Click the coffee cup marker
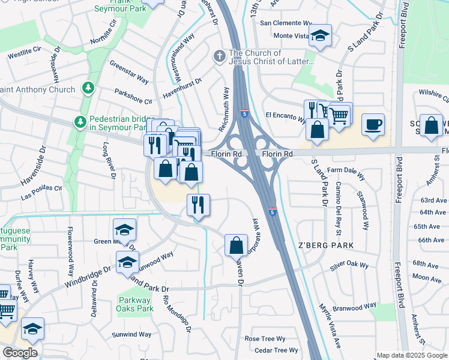[373, 125]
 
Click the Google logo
[20, 353]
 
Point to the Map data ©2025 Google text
[412, 355]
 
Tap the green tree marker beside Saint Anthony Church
[88, 89]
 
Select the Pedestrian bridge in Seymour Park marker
[80, 122]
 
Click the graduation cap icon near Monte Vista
[321, 35]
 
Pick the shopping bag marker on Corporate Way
[237, 244]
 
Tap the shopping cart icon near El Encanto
[340, 113]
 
